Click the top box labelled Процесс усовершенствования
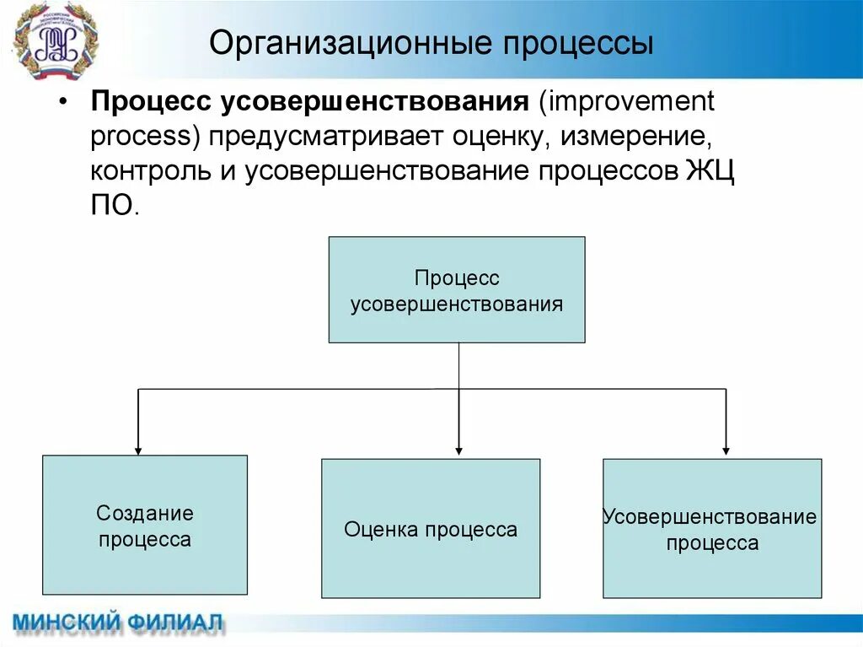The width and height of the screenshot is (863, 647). coord(456,289)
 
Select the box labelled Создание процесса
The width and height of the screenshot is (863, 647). coord(145,525)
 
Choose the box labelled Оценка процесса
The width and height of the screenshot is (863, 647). coord(431,529)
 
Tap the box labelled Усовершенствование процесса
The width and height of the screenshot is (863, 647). coord(712,529)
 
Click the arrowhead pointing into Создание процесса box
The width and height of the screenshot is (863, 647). coord(138,450)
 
